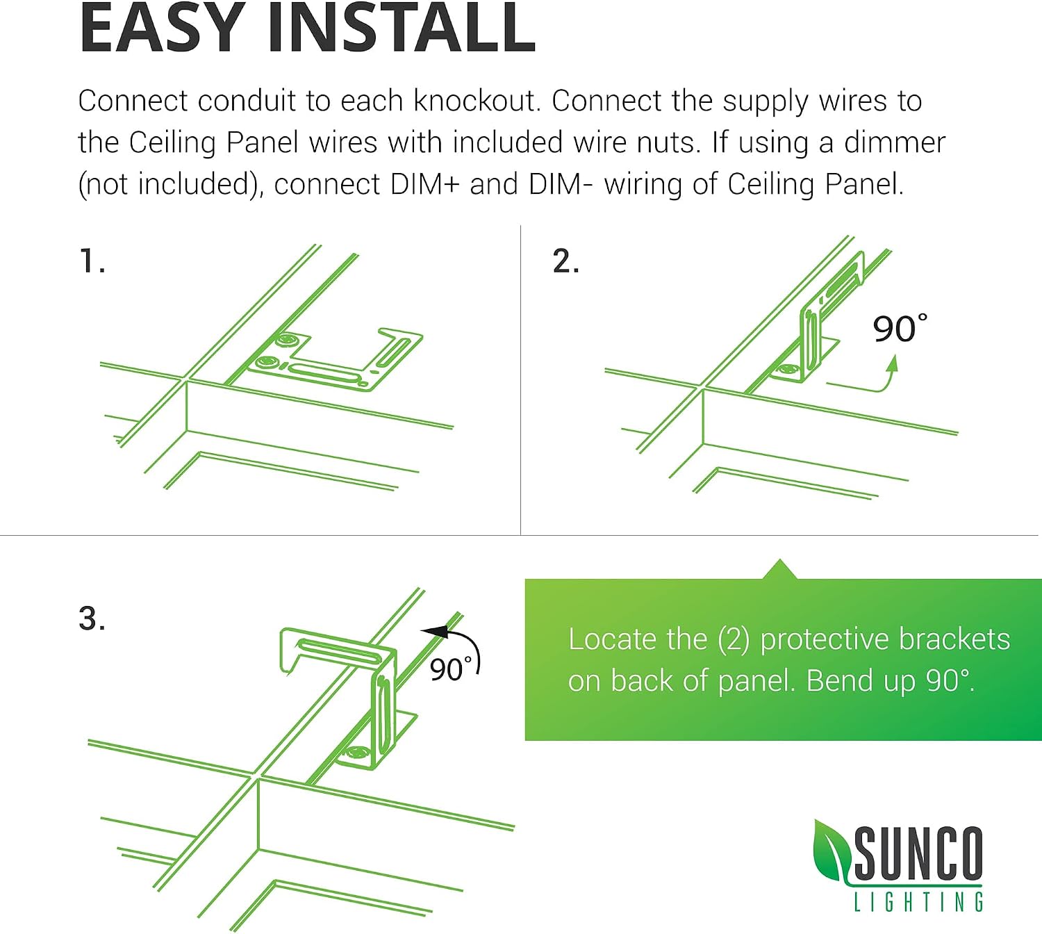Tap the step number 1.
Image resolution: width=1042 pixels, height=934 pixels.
[92, 261]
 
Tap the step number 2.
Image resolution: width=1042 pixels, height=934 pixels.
[565, 261]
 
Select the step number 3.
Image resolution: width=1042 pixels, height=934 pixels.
[92, 618]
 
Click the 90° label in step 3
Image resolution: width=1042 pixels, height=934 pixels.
[451, 669]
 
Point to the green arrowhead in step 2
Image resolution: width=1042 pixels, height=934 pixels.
[893, 363]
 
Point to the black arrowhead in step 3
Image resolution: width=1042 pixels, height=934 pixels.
[433, 632]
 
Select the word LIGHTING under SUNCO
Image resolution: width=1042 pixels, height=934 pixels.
[918, 901]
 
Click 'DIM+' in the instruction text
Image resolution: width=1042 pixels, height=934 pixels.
[425, 184]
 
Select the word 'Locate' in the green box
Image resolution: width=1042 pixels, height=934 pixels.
[612, 639]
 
